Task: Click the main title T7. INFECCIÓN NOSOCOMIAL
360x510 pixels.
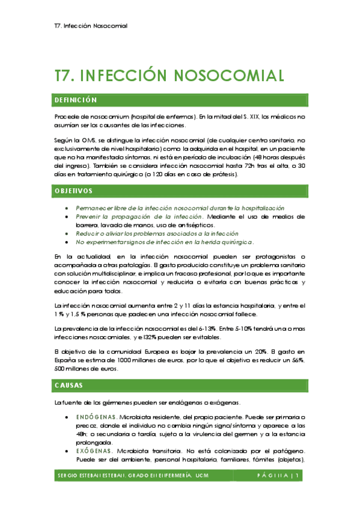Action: click(x=169, y=75)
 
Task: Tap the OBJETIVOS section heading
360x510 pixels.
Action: click(x=73, y=191)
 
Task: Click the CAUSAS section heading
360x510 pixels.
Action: click(x=69, y=385)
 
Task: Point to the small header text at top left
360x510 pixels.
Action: click(x=90, y=26)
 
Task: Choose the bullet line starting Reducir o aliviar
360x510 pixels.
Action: click(x=157, y=233)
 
